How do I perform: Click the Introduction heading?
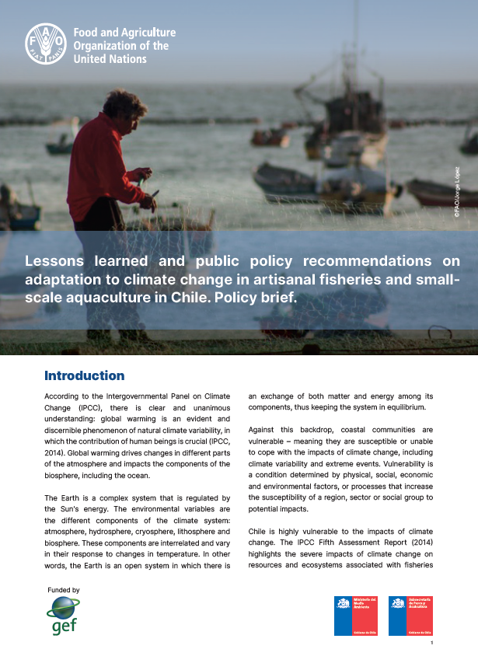click(x=85, y=376)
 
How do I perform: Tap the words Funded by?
click(x=64, y=591)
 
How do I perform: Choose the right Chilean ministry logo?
click(x=410, y=615)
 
